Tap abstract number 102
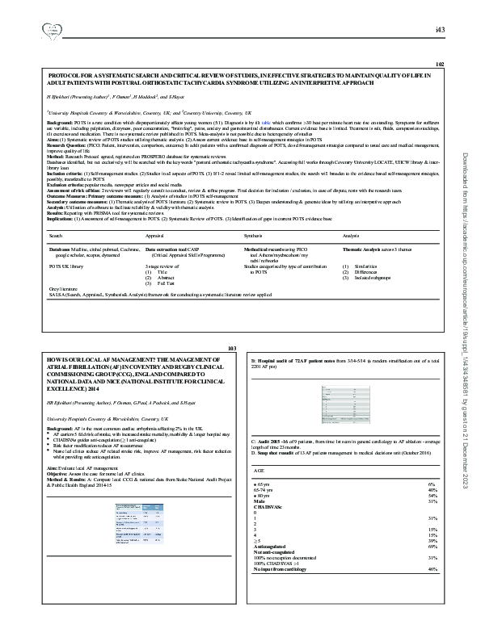(440, 64)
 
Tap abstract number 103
(234, 346)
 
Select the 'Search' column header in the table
(56, 235)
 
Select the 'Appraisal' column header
(154, 235)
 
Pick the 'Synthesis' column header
(253, 235)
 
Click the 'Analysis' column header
(351, 235)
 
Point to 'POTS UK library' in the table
(67, 264)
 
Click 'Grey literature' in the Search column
(65, 288)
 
